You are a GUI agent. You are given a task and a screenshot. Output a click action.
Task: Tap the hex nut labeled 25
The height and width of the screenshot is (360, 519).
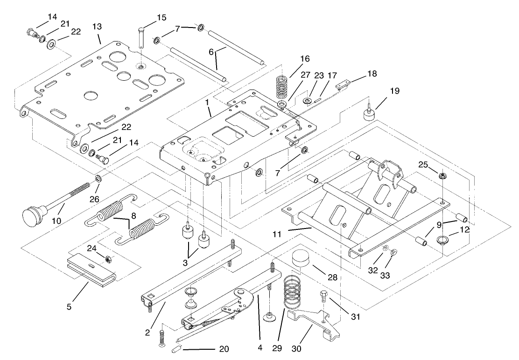pyautogui.click(x=441, y=176)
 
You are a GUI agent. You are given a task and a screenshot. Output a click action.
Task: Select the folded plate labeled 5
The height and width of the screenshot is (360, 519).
pyautogui.click(x=91, y=269)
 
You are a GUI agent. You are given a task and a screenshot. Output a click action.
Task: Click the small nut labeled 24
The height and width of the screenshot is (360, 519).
pyautogui.click(x=108, y=259)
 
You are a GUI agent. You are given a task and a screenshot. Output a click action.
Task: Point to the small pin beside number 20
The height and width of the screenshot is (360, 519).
pyautogui.click(x=178, y=349)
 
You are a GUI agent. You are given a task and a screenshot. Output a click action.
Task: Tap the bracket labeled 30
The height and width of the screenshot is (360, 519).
pyautogui.click(x=314, y=322)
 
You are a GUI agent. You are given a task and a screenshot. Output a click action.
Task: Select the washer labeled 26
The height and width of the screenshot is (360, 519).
pyautogui.click(x=98, y=179)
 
